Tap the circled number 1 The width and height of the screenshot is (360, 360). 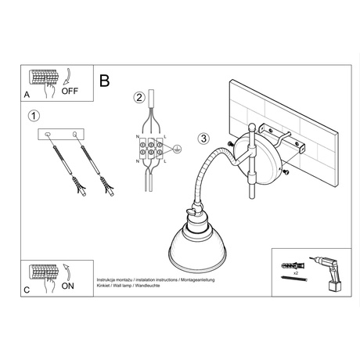tap(32, 117)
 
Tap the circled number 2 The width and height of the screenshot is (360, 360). tap(138, 98)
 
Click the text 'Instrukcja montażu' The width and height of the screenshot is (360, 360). tap(115, 279)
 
